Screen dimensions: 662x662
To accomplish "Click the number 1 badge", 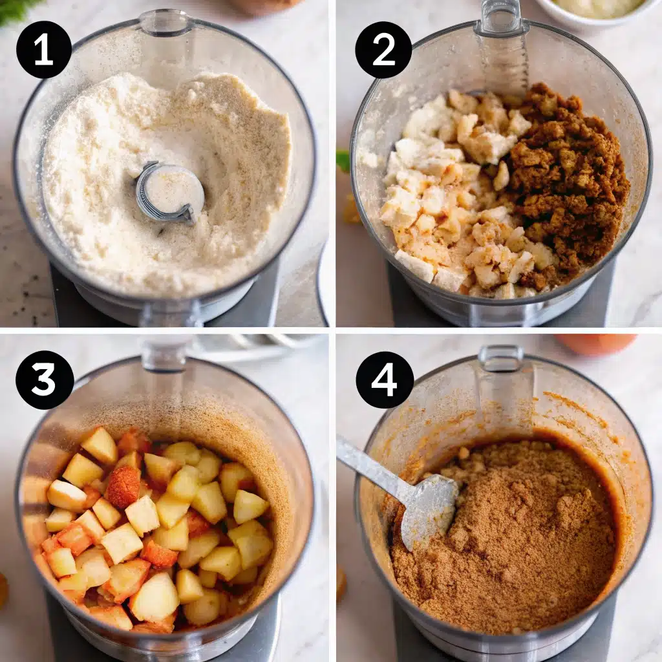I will click(x=44, y=50).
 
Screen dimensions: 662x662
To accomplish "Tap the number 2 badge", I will click(x=383, y=50).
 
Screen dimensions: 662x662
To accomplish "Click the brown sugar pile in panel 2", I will click(x=569, y=181).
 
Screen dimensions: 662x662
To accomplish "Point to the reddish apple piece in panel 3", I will click(x=123, y=486).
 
